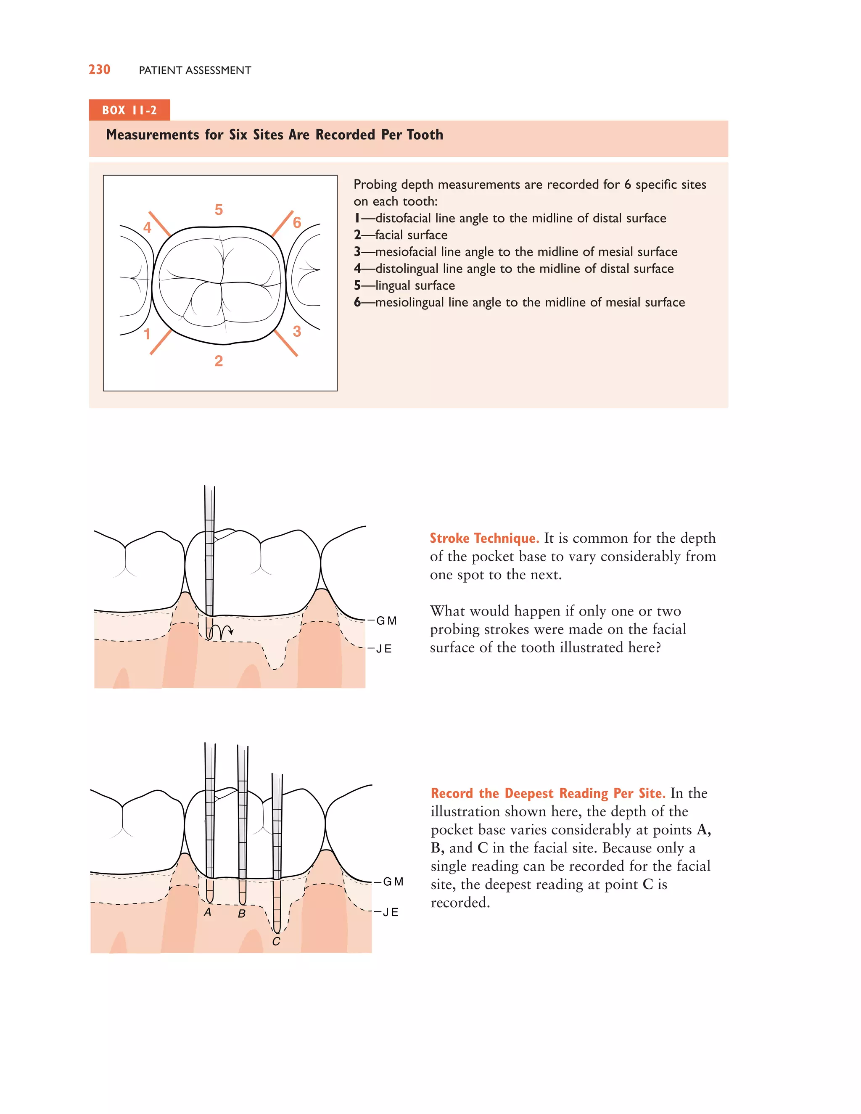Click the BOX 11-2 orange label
pyautogui.click(x=129, y=110)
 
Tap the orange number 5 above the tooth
pyautogui.click(x=219, y=210)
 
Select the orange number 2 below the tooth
pyautogui.click(x=219, y=361)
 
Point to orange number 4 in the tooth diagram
pyautogui.click(x=148, y=227)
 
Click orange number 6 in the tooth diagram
pyautogui.click(x=297, y=222)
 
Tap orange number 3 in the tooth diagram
pyautogui.click(x=297, y=332)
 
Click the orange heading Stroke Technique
pyautogui.click(x=484, y=538)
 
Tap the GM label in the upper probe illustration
pyautogui.click(x=386, y=621)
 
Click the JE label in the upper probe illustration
pyautogui.click(x=383, y=649)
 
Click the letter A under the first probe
pyautogui.click(x=208, y=913)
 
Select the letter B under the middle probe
pyautogui.click(x=242, y=913)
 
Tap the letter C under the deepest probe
pyautogui.click(x=276, y=942)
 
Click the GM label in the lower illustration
pyautogui.click(x=393, y=882)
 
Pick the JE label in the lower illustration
pyautogui.click(x=390, y=913)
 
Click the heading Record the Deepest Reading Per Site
pyautogui.click(x=548, y=793)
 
